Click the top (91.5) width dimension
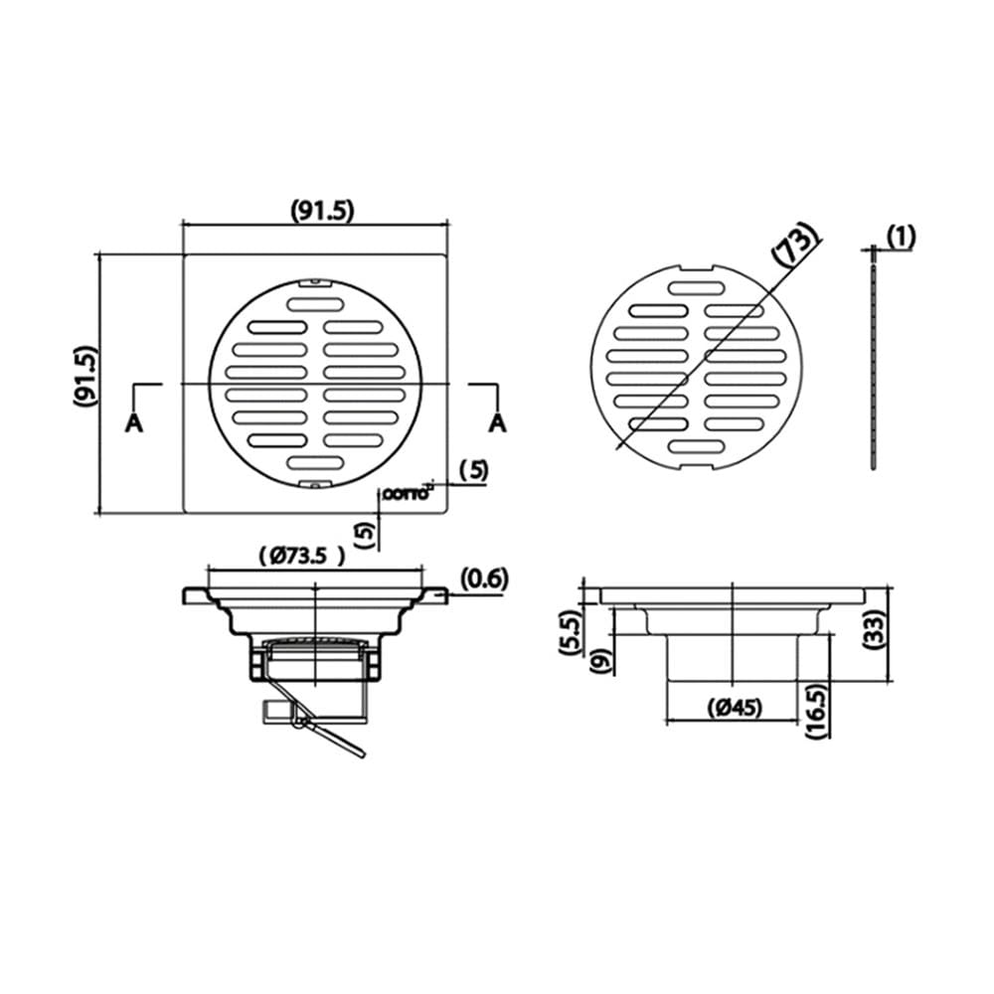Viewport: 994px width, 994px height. click(x=322, y=211)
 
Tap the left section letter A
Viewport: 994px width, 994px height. click(x=134, y=422)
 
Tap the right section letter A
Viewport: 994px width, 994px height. click(x=498, y=422)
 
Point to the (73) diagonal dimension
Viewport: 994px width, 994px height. click(x=792, y=242)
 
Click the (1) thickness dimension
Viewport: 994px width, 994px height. click(x=901, y=238)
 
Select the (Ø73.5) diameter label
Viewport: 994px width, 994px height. click(x=303, y=556)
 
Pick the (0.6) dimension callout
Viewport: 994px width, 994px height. click(x=484, y=579)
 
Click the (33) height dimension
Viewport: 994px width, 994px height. click(x=875, y=628)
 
